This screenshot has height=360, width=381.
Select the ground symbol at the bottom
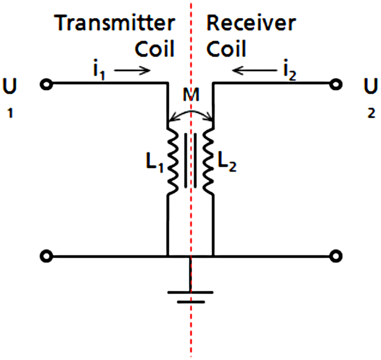(190, 296)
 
